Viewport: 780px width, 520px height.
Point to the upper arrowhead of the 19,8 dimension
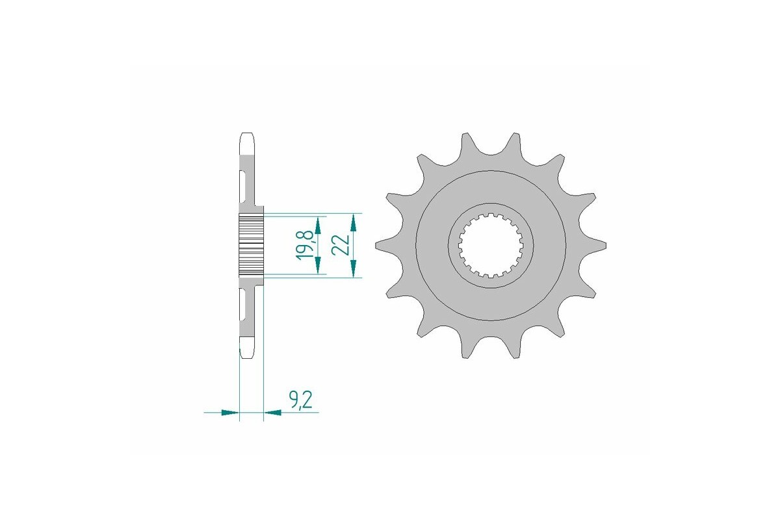pos(318,225)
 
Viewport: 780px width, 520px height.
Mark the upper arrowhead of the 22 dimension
pos(353,222)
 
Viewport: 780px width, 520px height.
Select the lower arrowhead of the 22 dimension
pos(353,269)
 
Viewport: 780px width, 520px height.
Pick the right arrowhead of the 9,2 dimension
pos(272,412)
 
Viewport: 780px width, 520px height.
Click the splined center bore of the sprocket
pos(491,246)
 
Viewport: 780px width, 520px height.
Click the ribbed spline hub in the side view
pos(252,245)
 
